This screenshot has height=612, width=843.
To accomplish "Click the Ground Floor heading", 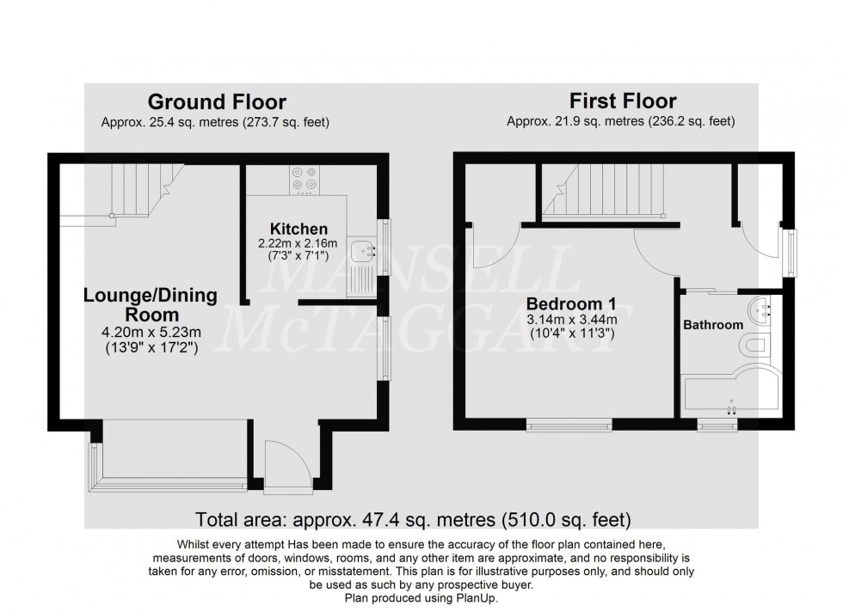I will pos(217,102).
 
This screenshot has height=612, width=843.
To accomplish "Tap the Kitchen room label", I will pos(298,229).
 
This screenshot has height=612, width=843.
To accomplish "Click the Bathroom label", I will pos(713,325).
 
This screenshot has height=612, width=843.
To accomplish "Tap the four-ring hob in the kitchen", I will pos(303,177).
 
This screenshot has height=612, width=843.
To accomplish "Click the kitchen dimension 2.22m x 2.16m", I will pos(298,244).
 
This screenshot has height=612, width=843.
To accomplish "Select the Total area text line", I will pos(414,519).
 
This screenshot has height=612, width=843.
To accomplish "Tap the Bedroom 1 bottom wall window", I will pos(569,421).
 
